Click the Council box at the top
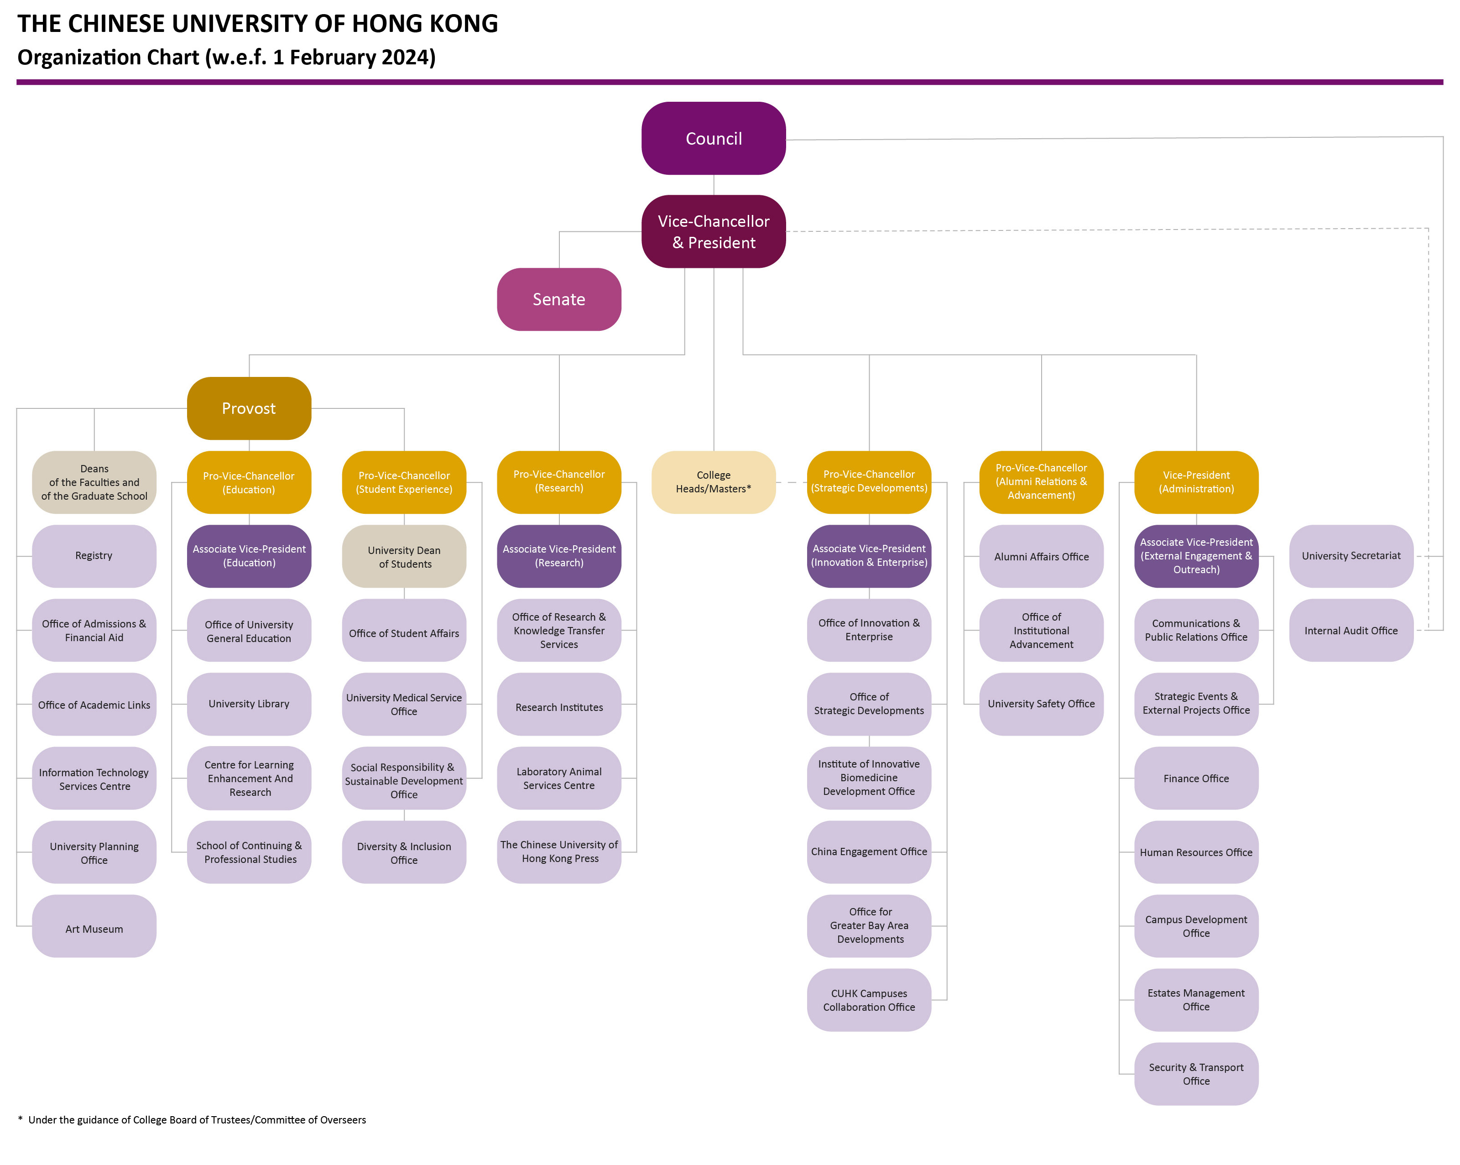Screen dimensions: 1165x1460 713,138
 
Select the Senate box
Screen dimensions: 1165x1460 558,299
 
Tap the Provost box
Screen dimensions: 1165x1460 249,408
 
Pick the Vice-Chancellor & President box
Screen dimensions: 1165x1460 713,232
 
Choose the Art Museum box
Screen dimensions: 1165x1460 94,929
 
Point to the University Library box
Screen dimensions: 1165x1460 249,704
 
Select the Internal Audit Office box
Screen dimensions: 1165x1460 1350,631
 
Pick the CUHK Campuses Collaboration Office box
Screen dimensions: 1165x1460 869,1000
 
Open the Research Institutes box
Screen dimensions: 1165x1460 558,707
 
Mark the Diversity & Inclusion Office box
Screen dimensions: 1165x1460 404,853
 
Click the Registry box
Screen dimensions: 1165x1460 94,555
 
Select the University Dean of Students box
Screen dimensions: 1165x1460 404,557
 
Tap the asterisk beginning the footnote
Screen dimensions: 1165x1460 21,1118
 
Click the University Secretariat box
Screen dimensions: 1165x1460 1350,555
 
